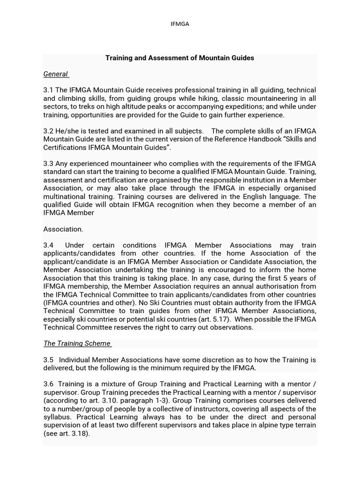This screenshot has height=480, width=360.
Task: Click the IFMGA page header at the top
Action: click(x=180, y=24)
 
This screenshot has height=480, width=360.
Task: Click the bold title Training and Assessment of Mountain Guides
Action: click(x=180, y=58)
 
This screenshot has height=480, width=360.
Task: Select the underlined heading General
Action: click(x=56, y=74)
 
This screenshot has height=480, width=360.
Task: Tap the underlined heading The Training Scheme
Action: click(x=77, y=344)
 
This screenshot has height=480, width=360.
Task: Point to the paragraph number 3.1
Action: click(x=49, y=90)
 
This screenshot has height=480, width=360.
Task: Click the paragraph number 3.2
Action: click(x=49, y=131)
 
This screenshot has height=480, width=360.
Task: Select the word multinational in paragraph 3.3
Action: click(x=64, y=197)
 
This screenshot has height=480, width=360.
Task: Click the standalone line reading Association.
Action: click(x=63, y=229)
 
